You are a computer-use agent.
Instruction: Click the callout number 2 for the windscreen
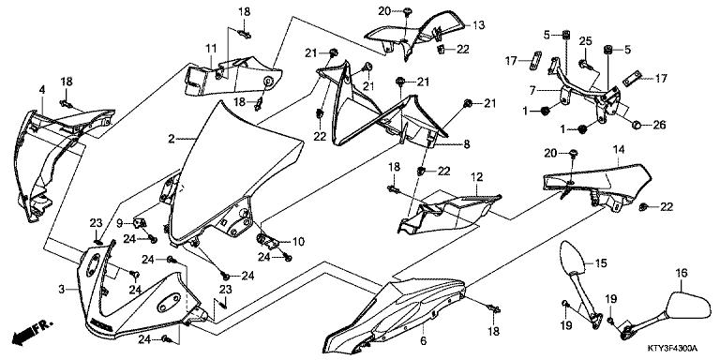pos(172,139)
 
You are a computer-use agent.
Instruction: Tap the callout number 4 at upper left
pos(42,89)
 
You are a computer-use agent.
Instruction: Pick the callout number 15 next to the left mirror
pos(602,264)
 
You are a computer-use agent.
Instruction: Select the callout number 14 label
pos(619,149)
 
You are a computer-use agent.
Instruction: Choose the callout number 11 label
pos(211,48)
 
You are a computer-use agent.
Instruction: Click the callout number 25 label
pos(585,42)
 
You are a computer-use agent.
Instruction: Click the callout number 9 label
pos(120,223)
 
